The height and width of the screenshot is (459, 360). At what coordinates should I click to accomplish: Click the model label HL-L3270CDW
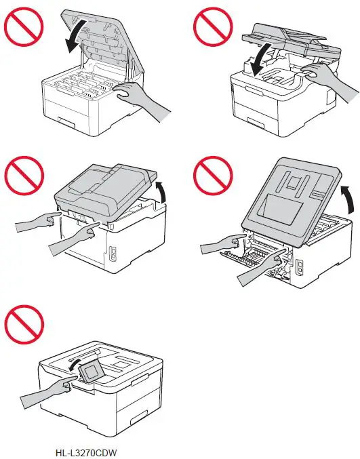(x=82, y=450)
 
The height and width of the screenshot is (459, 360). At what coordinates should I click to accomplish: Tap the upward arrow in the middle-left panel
(x=162, y=192)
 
